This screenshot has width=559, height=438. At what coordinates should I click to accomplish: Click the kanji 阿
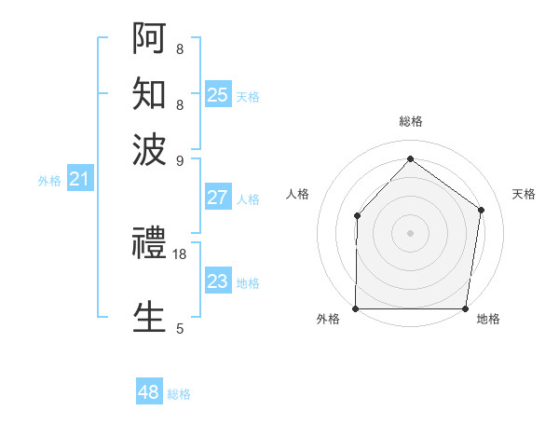coord(150,39)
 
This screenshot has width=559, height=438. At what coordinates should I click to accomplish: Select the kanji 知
coord(150,94)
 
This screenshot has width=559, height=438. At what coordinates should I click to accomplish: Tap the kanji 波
coord(150,149)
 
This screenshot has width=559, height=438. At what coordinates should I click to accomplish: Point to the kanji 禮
coord(150,244)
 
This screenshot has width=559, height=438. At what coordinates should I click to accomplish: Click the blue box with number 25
coord(218,95)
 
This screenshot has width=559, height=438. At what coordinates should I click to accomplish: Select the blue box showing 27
coord(218,198)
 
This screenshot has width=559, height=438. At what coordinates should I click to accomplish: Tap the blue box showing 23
coord(218,281)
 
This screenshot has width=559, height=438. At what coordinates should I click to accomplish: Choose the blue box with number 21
coord(78,179)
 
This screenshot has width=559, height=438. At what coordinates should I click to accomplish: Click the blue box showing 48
coord(149,392)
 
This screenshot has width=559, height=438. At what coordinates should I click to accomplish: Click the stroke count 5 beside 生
coord(180,328)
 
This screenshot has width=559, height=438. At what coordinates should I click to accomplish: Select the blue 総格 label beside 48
coord(179,394)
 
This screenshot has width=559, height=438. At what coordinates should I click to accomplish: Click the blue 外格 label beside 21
coord(49,181)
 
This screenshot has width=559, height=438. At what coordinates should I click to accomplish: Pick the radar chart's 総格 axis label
coord(411,121)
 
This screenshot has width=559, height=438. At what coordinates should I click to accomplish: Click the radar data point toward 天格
coord(481,210)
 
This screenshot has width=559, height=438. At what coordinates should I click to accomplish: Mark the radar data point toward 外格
coord(356,308)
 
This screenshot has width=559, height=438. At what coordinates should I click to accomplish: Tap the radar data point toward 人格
coord(358,216)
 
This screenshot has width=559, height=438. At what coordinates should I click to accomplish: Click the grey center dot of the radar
coord(411,232)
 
